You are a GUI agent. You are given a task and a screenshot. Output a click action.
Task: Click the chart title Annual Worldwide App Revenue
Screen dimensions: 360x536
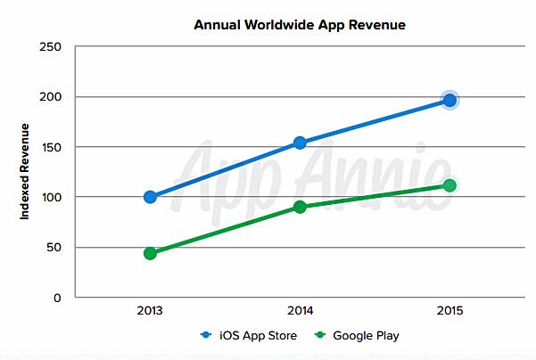point(300,25)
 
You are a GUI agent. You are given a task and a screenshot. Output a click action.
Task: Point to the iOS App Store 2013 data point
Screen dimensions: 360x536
point(150,197)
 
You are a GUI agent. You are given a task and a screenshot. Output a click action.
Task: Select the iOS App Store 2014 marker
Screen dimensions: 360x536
point(300,143)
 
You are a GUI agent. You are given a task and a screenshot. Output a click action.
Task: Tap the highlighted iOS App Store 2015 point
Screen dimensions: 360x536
point(449,101)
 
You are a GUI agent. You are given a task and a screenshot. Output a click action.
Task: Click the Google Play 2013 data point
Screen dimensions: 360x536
point(150,253)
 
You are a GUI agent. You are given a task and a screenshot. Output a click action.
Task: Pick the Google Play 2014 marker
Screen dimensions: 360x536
point(300,207)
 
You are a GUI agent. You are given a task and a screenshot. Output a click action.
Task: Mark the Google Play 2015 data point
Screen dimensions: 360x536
point(449,185)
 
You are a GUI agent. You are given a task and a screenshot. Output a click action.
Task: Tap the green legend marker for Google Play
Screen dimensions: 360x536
point(321,337)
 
